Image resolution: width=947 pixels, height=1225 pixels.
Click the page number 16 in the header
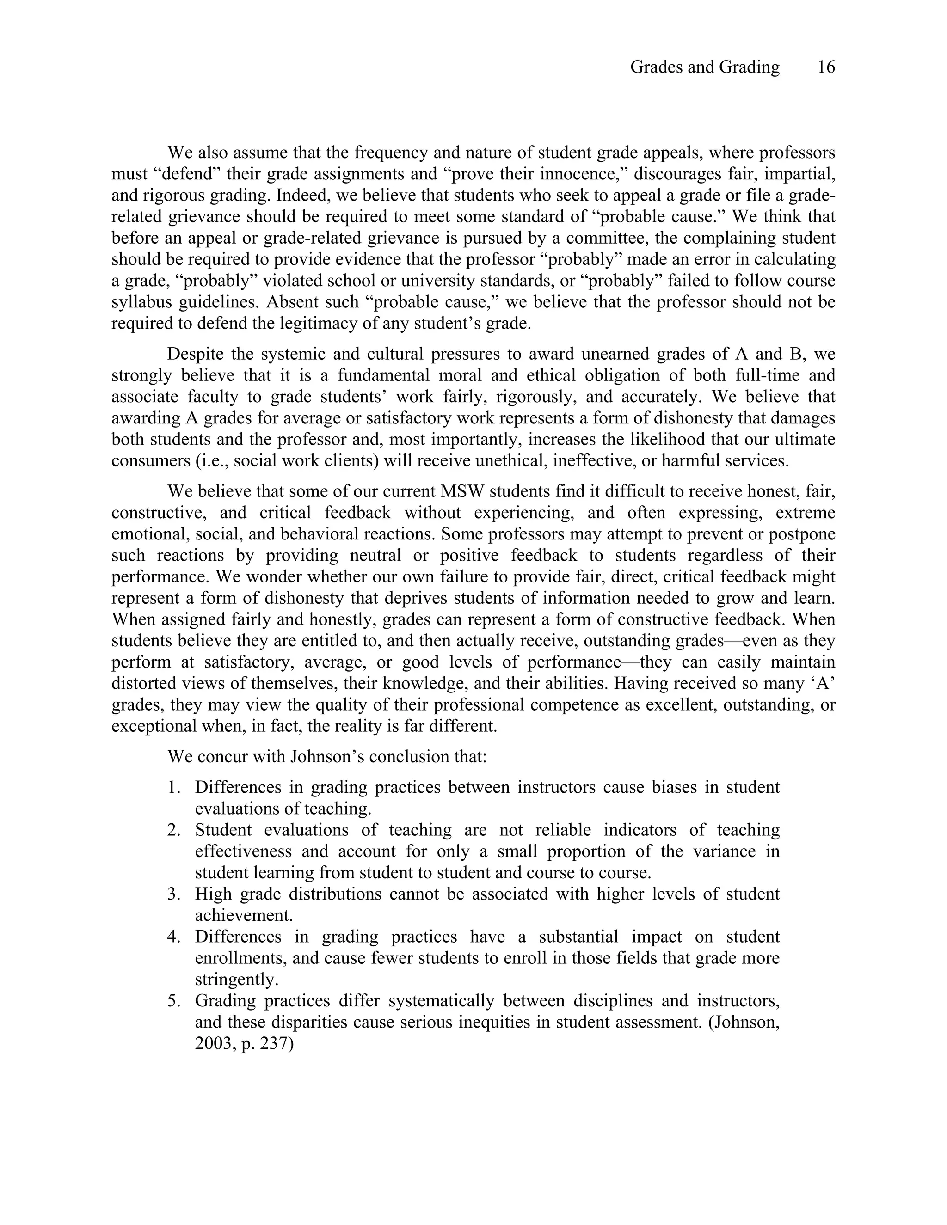[x=826, y=67]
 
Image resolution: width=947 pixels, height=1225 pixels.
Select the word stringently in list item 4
[x=236, y=980]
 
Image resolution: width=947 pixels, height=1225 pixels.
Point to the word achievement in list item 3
[x=244, y=915]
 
